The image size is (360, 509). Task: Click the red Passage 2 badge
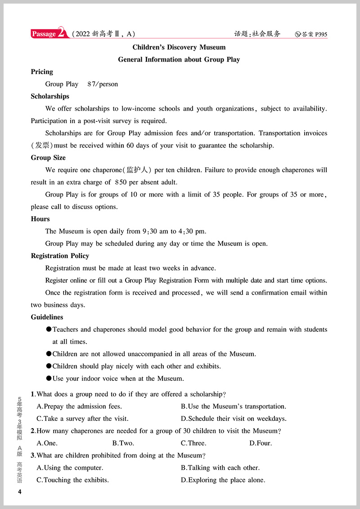(x=49, y=34)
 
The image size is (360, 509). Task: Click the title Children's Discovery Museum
(x=179, y=47)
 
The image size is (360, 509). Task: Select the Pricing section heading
(x=42, y=72)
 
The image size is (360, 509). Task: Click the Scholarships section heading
(x=50, y=96)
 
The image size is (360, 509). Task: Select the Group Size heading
(x=48, y=158)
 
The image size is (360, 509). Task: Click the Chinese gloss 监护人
(x=136, y=170)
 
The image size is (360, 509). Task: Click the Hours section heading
(x=40, y=219)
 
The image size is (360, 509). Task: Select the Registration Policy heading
(x=60, y=256)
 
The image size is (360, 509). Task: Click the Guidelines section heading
(x=47, y=317)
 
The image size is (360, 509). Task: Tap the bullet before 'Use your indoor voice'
(x=49, y=379)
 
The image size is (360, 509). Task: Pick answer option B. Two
(x=123, y=443)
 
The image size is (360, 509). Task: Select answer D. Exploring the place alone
(x=223, y=480)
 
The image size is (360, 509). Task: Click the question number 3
(x=33, y=455)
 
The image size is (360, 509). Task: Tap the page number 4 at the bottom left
(x=19, y=492)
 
